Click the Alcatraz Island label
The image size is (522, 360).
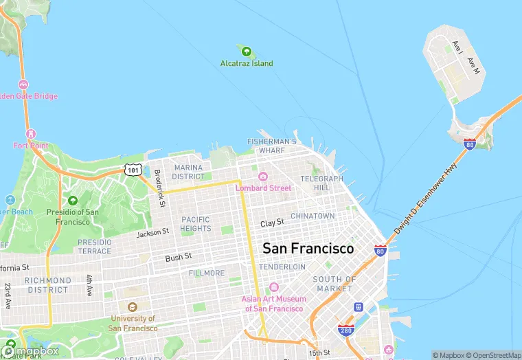pos(247,63)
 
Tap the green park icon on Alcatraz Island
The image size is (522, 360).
pos(246,51)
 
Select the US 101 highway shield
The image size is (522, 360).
pos(133,168)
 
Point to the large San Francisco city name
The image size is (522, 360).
pos(308,248)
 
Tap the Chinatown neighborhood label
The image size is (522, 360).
pos(313,216)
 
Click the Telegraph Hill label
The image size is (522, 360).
pos(321,183)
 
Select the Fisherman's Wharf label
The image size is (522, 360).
pos(272,146)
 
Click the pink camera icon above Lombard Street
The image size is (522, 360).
pos(262,177)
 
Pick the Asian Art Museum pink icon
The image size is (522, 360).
pos(273,287)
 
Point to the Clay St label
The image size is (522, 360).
pos(272,223)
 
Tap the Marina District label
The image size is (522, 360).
pos(188,172)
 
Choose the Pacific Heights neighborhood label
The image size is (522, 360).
pos(196,224)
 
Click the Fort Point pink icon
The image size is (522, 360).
pos(30,134)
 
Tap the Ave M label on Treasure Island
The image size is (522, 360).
pos(473,65)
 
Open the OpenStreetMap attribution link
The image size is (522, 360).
pos(492,355)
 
